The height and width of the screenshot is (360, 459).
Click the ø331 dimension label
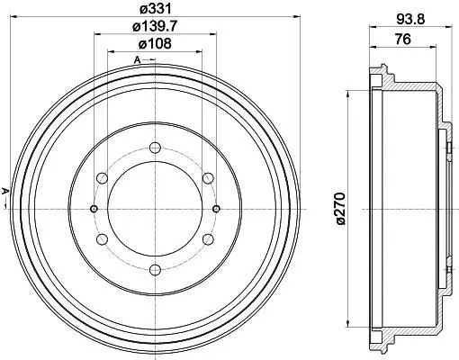coord(155,9)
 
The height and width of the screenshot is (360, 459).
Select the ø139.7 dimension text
coord(155,27)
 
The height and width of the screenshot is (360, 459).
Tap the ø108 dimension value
coord(155,44)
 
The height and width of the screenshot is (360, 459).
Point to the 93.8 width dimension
coord(410,20)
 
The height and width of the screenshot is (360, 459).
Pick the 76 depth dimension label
coord(402,39)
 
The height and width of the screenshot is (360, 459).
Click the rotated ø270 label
coord(341,209)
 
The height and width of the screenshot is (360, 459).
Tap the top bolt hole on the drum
coord(155,148)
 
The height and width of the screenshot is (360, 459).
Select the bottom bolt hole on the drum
coord(155,270)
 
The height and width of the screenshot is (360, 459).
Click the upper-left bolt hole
coord(102,178)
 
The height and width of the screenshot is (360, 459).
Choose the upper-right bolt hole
coord(208,178)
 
